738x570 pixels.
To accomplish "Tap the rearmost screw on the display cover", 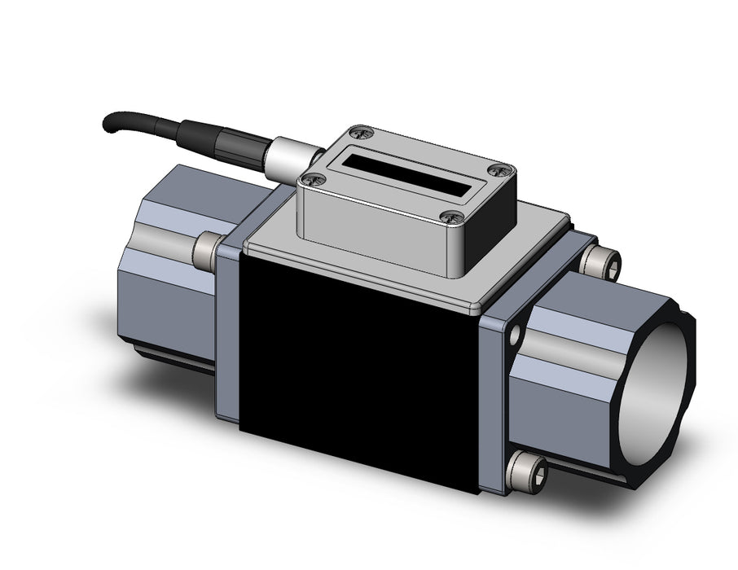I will (x=362, y=129).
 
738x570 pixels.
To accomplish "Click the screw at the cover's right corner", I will (x=501, y=169).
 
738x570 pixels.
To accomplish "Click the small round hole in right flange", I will (x=515, y=333).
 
